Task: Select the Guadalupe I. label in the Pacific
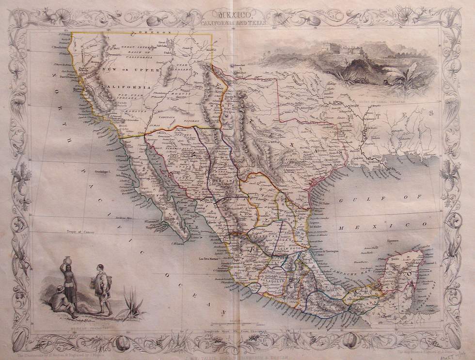point(103,172)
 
